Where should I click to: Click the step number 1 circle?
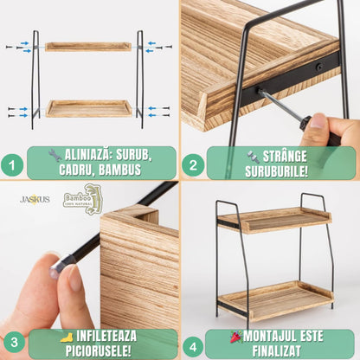click(12, 165)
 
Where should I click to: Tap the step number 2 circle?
click(193, 165)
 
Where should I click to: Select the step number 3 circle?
click(14, 343)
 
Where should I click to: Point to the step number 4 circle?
click(193, 346)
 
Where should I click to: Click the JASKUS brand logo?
click(35, 199)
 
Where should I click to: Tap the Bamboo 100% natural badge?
click(83, 199)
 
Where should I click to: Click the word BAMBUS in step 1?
click(119, 170)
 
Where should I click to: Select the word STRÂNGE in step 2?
click(285, 157)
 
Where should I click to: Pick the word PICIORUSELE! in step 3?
click(99, 350)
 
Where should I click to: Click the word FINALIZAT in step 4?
click(276, 350)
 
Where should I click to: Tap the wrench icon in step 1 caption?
click(55, 155)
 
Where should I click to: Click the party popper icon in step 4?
click(236, 337)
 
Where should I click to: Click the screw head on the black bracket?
click(319, 67)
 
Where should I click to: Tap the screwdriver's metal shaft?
click(280, 106)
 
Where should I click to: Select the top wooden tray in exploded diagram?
click(88, 47)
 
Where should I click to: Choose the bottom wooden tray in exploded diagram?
click(89, 108)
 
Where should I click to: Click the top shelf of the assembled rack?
click(274, 220)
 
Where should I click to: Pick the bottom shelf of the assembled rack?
click(275, 300)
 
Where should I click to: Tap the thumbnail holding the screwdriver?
click(318, 120)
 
